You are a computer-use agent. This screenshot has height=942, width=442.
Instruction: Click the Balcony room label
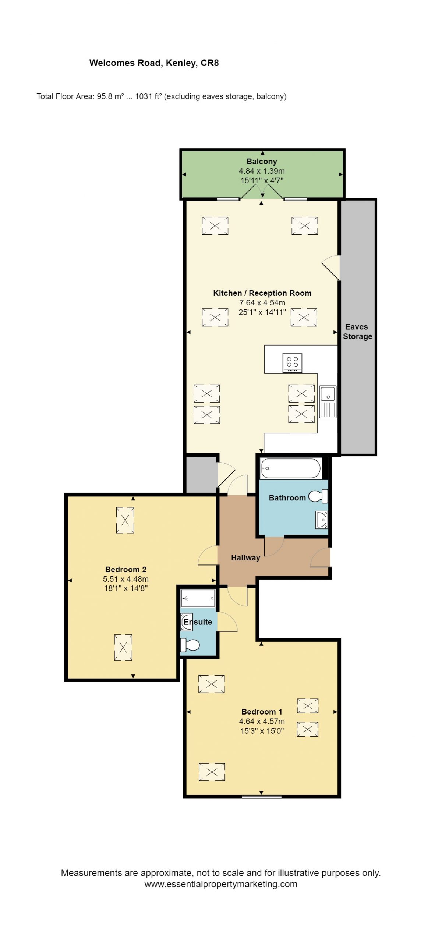[262, 161]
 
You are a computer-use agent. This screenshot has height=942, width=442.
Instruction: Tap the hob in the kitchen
[293, 363]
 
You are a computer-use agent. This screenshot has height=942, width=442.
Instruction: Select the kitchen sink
[328, 401]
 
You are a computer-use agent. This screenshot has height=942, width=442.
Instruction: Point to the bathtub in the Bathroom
[290, 468]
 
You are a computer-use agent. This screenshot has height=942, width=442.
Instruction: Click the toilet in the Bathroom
[318, 496]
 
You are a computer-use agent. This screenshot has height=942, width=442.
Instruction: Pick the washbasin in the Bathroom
[322, 520]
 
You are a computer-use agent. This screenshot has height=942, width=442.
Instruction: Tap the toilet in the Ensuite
[190, 645]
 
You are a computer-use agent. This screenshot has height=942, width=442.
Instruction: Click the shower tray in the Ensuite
[198, 598]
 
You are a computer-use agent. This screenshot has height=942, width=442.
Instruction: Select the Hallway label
[245, 557]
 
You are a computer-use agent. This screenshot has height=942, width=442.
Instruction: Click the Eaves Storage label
[357, 332]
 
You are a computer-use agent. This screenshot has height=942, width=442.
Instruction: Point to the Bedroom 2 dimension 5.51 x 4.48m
[126, 579]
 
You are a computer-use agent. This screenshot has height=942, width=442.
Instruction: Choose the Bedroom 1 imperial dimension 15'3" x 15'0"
[262, 731]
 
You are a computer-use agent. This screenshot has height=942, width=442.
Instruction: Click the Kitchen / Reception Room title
[262, 293]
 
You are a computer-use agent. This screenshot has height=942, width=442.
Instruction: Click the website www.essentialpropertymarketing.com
[221, 884]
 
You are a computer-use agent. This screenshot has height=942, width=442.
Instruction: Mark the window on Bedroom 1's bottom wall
[262, 797]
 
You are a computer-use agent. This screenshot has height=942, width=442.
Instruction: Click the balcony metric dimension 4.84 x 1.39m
[262, 171]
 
